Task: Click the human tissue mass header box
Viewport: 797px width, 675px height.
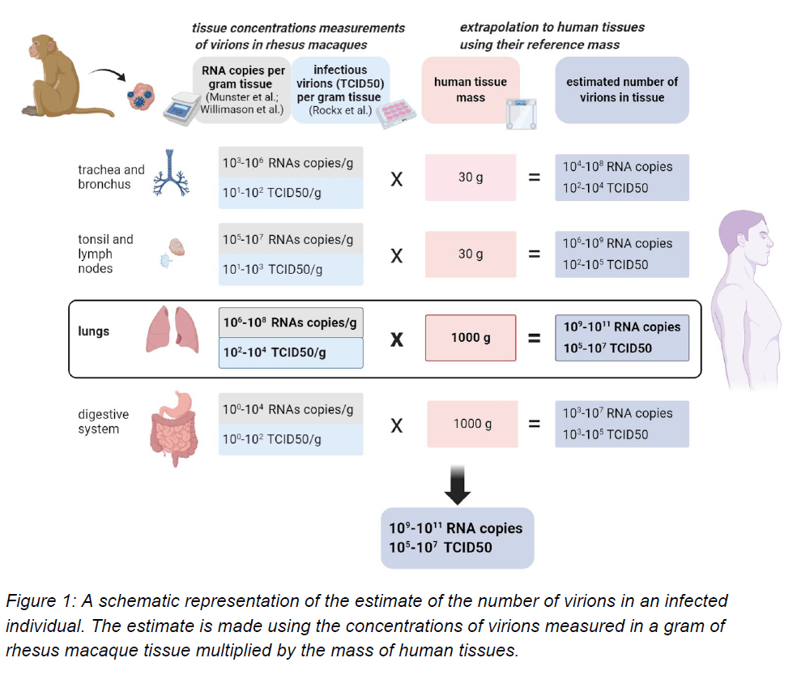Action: tap(471, 89)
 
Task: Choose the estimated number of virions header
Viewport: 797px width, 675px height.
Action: tap(622, 89)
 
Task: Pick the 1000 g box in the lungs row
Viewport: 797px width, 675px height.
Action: tap(471, 337)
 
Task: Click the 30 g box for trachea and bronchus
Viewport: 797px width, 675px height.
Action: tap(471, 177)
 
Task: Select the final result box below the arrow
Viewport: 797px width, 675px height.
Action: tap(458, 538)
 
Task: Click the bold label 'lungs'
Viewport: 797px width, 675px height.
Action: tap(94, 331)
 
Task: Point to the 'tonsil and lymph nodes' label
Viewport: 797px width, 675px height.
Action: tap(105, 254)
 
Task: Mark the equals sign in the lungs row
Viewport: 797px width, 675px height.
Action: tap(535, 338)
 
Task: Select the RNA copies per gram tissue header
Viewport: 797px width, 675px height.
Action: tap(243, 89)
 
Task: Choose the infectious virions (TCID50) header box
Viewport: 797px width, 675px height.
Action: tap(340, 89)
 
